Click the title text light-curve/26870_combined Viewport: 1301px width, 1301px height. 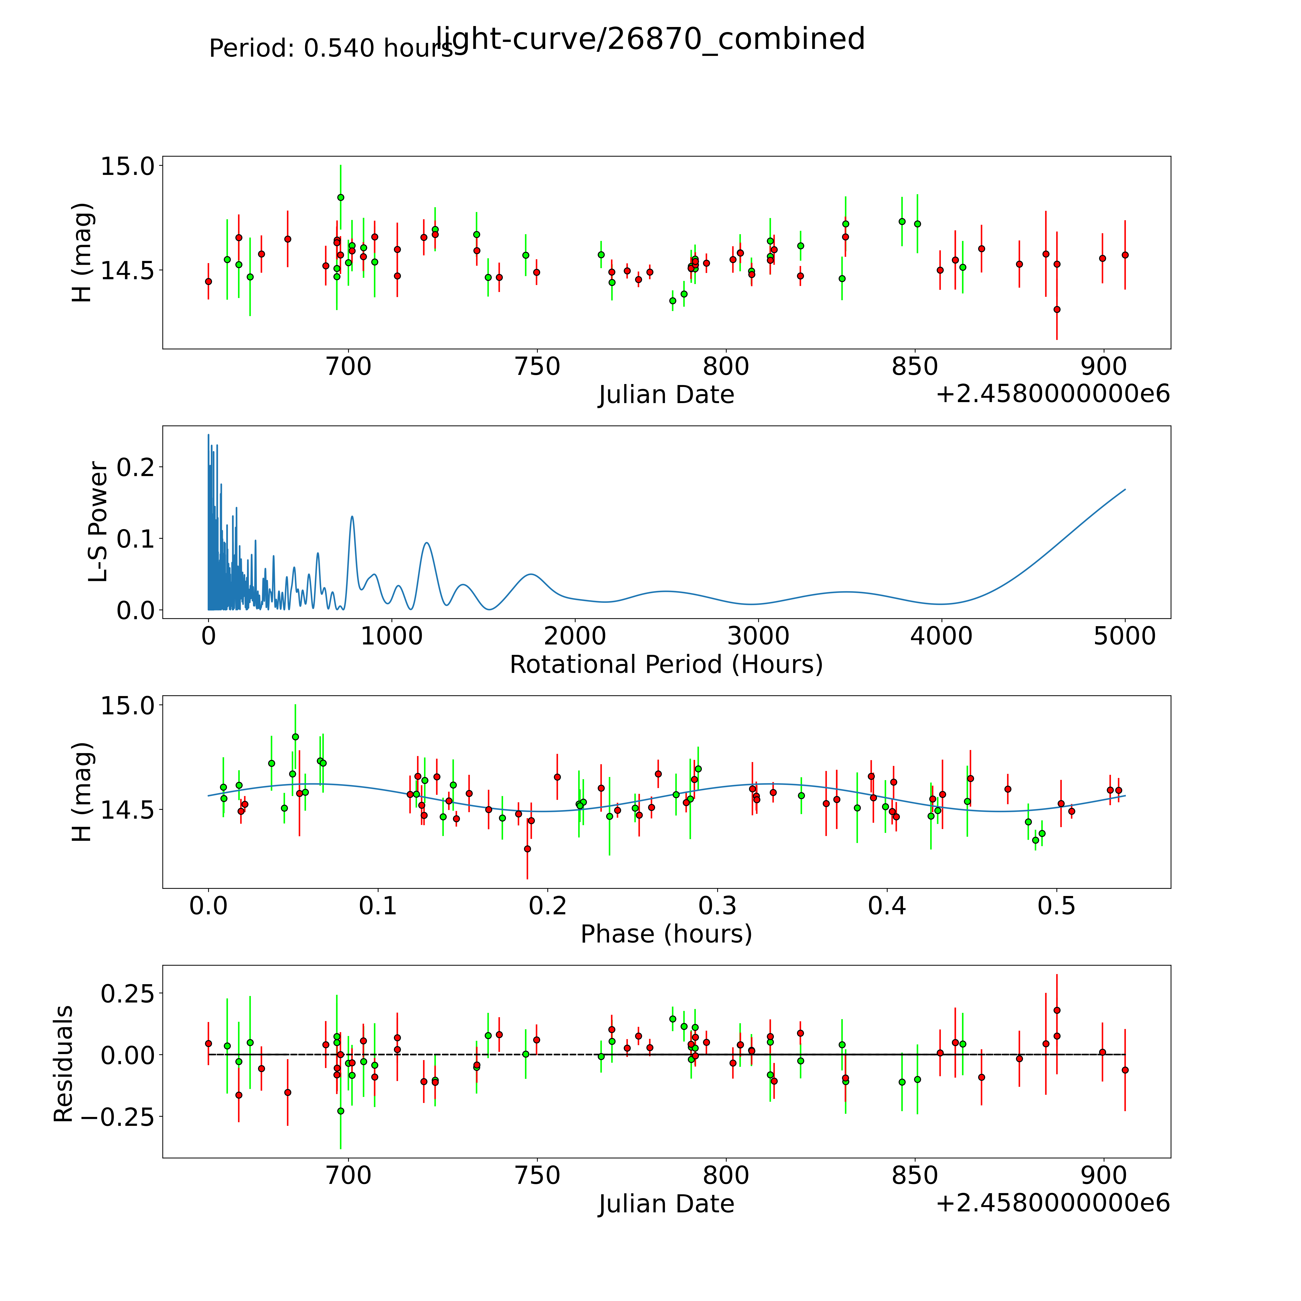[x=650, y=39]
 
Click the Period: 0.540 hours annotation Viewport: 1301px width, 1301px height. [x=331, y=48]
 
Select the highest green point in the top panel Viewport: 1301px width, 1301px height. [x=341, y=197]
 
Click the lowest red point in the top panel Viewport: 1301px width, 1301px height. [x=1056, y=310]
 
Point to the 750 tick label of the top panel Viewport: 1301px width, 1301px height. [x=537, y=367]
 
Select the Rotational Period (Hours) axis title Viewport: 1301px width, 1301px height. [x=666, y=665]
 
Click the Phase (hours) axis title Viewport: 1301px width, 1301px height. [x=666, y=934]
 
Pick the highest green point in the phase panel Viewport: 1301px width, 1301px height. [x=295, y=737]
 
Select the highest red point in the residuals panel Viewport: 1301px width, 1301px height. [x=1056, y=1010]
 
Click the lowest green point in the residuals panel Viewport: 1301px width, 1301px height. [x=341, y=1111]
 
